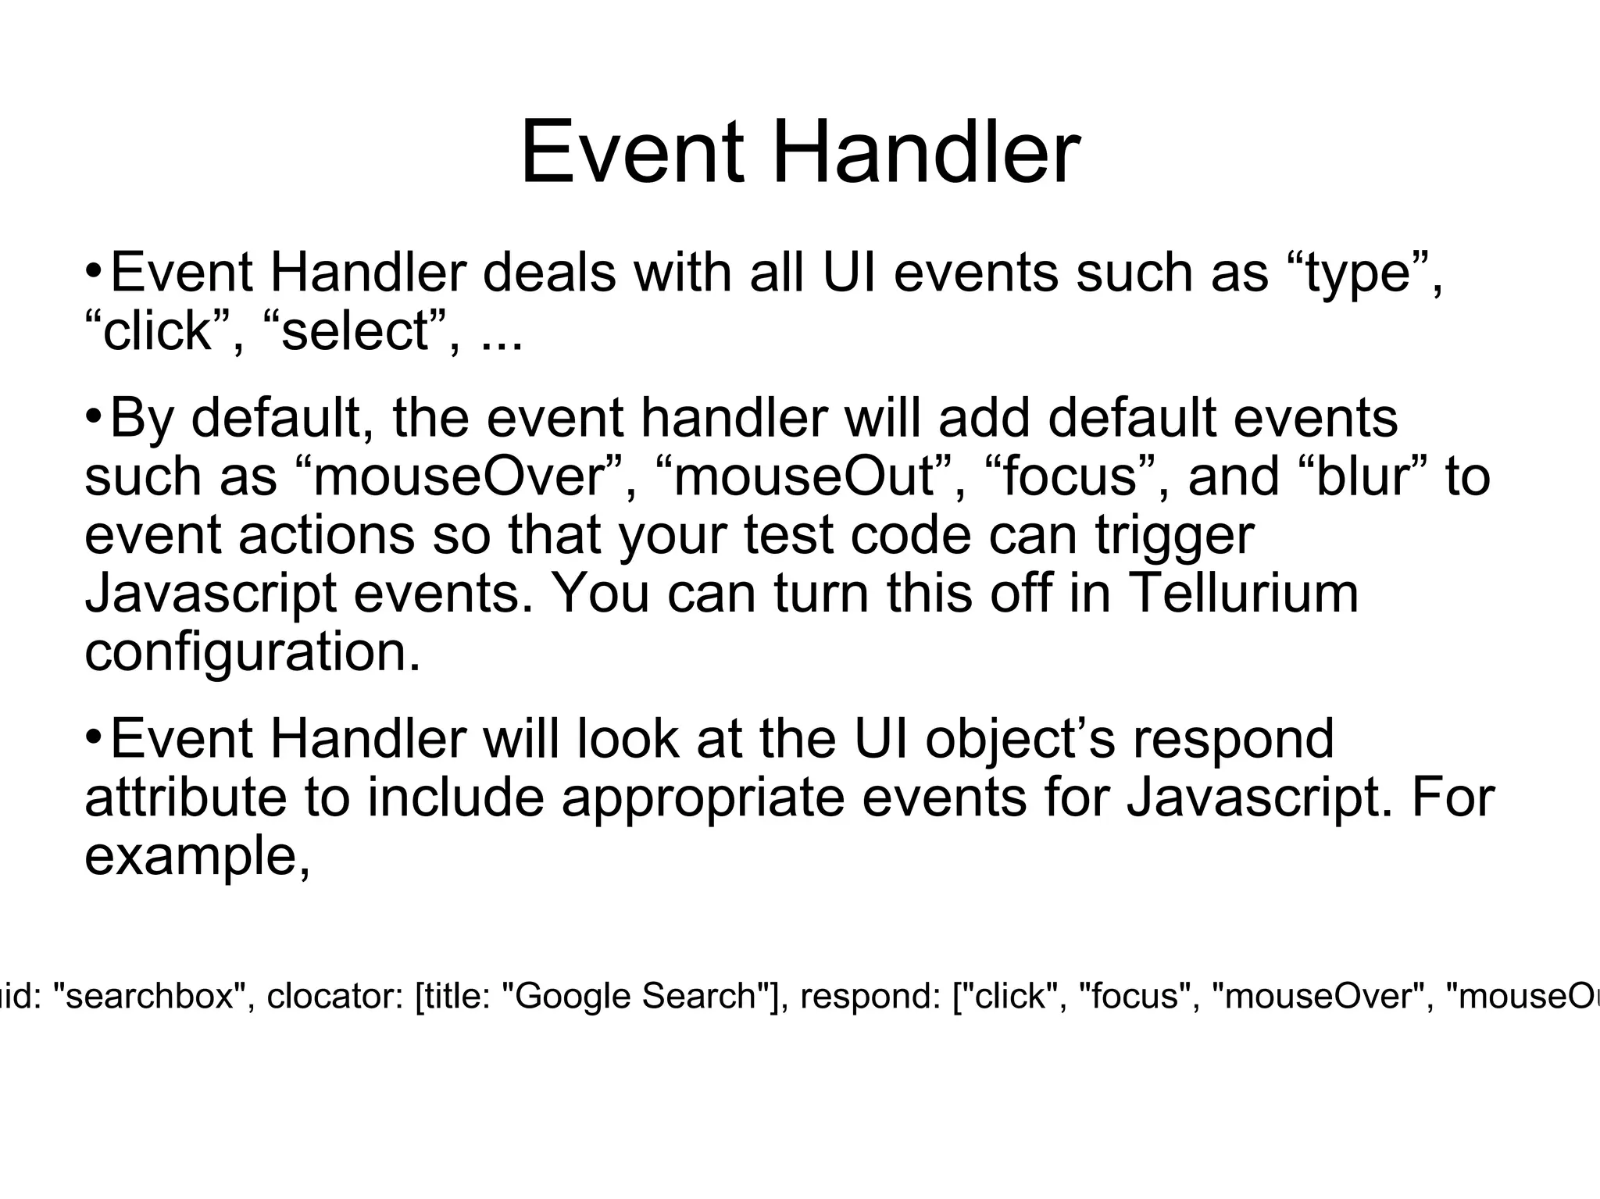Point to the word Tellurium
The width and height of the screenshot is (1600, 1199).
pyautogui.click(x=1244, y=593)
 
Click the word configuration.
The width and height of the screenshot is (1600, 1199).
pyautogui.click(x=252, y=652)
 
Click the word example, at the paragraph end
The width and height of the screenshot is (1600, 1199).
pyautogui.click(x=198, y=857)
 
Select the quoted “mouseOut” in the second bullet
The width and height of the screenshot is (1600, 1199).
pyautogui.click(x=810, y=476)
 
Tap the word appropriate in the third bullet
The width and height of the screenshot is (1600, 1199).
pyautogui.click(x=703, y=798)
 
